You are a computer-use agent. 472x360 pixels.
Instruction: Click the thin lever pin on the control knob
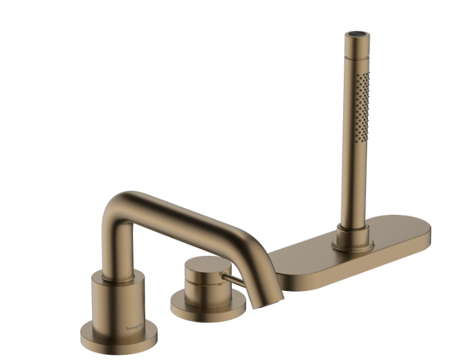(235, 280)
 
